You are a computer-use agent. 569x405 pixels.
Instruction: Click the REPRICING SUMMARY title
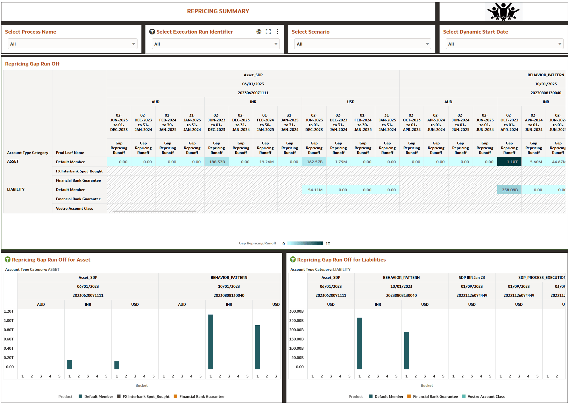(218, 11)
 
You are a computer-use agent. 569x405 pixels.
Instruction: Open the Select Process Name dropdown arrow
(133, 44)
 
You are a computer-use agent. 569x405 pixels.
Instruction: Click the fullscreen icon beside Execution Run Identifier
(268, 32)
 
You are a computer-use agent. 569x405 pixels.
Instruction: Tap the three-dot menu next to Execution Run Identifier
(277, 32)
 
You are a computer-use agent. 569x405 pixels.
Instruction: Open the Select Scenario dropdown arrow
(427, 44)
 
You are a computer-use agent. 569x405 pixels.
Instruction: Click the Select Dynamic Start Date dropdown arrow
(560, 44)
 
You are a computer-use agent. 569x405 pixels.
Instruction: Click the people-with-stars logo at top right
(503, 12)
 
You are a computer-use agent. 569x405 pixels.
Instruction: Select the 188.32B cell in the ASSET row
(217, 162)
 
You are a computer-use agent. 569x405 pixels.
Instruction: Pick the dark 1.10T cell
(509, 162)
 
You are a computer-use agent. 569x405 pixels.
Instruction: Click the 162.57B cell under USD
(314, 162)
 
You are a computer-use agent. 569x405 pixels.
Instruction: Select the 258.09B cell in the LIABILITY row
(509, 190)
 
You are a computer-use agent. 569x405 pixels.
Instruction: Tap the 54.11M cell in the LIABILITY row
(315, 190)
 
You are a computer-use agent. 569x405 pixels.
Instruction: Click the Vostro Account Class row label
(74, 209)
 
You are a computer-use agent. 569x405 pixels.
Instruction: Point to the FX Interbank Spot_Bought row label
(79, 171)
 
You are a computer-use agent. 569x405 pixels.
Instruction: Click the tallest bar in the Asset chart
(211, 342)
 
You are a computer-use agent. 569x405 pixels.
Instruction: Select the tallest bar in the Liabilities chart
(360, 343)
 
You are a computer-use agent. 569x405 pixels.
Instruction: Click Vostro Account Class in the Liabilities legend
(486, 397)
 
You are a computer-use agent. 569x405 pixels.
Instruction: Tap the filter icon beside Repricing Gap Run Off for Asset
(8, 260)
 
